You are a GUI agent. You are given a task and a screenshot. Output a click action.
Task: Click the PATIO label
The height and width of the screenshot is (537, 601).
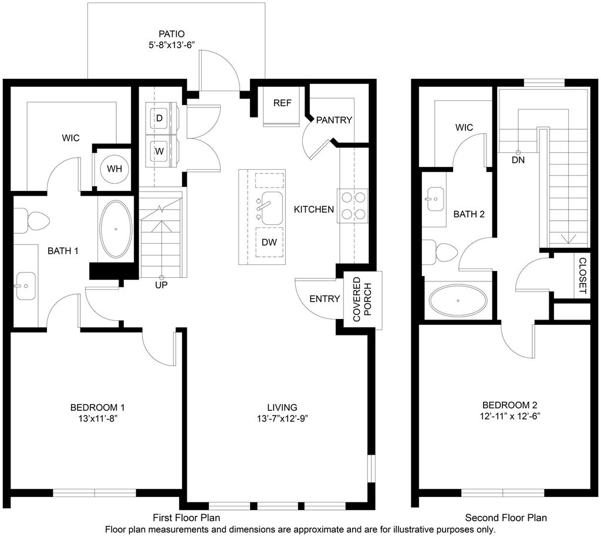pyautogui.click(x=172, y=34)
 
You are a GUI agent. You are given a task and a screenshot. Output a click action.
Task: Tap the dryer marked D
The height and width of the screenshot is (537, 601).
pyautogui.click(x=161, y=118)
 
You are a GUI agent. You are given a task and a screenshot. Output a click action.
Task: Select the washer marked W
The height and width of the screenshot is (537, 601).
pyautogui.click(x=161, y=151)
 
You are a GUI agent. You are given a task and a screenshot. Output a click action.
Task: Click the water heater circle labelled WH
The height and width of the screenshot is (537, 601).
pyautogui.click(x=114, y=169)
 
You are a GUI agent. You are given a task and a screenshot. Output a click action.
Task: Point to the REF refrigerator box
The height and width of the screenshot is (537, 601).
pyautogui.click(x=282, y=106)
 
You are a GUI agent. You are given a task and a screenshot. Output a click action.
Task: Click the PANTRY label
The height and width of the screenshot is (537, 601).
pyautogui.click(x=334, y=120)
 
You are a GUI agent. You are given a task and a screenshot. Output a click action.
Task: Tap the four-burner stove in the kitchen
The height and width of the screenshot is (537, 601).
pyautogui.click(x=353, y=206)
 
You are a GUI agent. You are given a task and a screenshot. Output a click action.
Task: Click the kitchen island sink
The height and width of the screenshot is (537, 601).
pyautogui.click(x=272, y=208)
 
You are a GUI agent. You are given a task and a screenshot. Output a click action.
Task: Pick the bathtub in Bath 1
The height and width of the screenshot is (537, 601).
pyautogui.click(x=116, y=229)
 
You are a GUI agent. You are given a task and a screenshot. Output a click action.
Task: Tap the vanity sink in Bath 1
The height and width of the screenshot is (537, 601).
pyautogui.click(x=25, y=286)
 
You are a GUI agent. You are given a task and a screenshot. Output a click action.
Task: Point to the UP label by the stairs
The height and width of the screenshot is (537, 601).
pyautogui.click(x=161, y=285)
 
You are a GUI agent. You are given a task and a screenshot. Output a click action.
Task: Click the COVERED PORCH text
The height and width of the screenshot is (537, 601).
pyautogui.click(x=362, y=299)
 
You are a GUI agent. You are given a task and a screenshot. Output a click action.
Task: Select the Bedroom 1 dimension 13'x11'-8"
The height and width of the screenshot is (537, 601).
pyautogui.click(x=97, y=418)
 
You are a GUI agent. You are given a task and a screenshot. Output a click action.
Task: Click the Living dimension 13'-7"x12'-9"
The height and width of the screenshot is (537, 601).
pyautogui.click(x=282, y=418)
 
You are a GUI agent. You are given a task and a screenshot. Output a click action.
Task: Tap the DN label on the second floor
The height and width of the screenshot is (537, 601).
pyautogui.click(x=518, y=160)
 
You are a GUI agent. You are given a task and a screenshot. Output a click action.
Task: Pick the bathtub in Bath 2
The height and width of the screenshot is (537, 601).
pyautogui.click(x=458, y=300)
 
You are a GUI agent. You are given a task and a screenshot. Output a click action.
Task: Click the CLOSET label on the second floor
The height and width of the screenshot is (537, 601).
pyautogui.click(x=582, y=276)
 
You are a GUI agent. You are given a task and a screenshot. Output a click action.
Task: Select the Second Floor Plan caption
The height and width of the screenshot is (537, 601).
pyautogui.click(x=506, y=518)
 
